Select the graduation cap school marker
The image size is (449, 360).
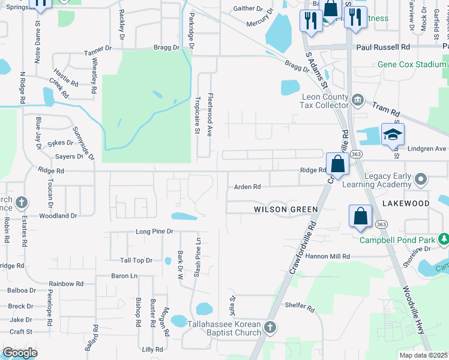[x=393, y=135]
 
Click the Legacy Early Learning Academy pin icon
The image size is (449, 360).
[x=420, y=179]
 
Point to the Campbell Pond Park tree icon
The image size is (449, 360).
[x=444, y=239]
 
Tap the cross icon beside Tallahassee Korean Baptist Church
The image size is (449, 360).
[x=270, y=327]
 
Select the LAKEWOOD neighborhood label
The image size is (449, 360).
[x=406, y=204]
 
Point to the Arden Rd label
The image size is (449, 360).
[x=247, y=187]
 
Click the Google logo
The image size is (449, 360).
[x=20, y=353]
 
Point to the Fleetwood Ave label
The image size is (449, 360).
[x=211, y=114]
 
